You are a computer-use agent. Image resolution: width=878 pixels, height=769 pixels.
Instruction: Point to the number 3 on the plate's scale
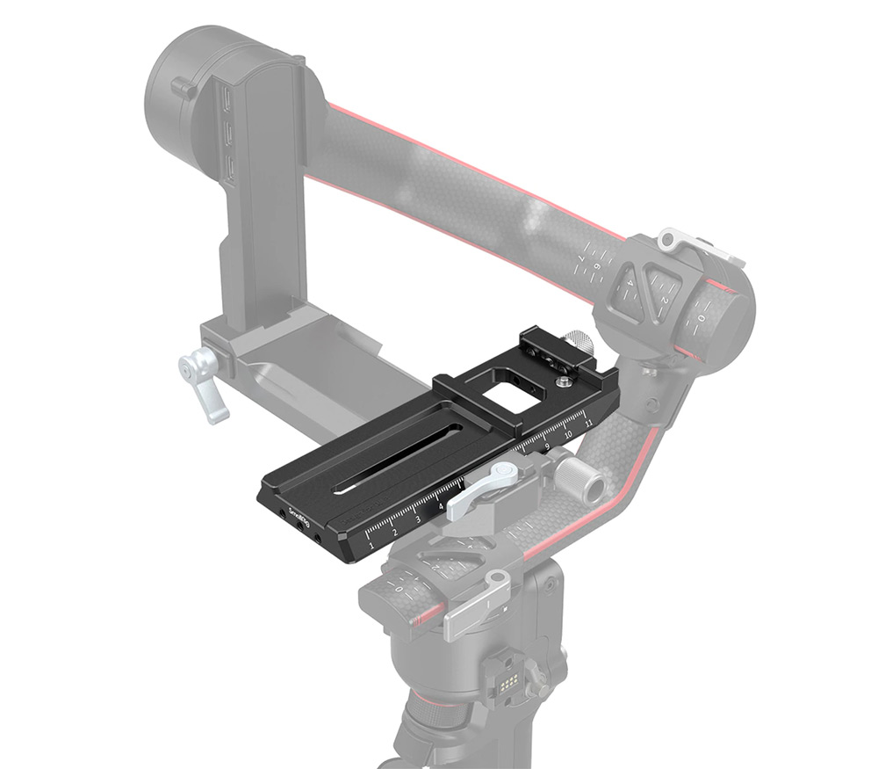(x=418, y=519)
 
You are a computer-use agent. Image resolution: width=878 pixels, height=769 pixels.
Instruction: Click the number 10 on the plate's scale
(x=568, y=434)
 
